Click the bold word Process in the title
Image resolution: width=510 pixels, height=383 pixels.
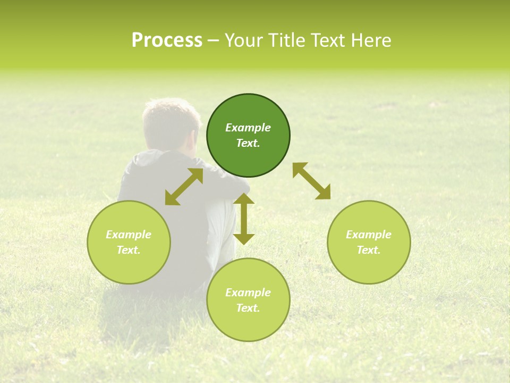tap(167, 40)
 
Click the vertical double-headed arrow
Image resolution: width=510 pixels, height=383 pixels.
tap(244, 219)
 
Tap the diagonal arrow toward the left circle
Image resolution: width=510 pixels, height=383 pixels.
tap(184, 187)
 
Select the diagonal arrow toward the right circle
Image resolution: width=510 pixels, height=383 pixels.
tap(311, 181)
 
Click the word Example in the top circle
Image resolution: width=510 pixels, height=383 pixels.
tap(248, 128)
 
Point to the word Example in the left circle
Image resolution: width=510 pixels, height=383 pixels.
tap(129, 235)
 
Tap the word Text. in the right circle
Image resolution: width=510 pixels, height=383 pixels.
tap(369, 250)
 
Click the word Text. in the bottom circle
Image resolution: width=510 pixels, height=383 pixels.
tap(248, 308)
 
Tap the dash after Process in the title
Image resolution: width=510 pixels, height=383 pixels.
tap(213, 41)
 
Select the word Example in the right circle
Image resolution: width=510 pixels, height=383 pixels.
tap(369, 235)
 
